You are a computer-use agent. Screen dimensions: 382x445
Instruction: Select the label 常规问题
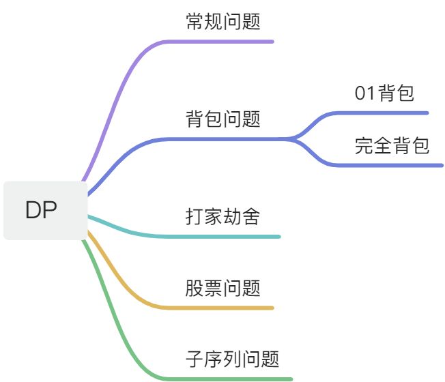coord(222,22)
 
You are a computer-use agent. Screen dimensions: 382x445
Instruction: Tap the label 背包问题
coord(222,119)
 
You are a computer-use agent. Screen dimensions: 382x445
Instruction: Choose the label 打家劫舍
coord(222,217)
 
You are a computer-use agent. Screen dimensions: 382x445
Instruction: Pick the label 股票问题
coord(222,288)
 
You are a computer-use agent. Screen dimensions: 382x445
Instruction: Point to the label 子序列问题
coord(232,359)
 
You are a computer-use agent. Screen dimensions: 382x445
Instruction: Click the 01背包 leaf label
coord(384,93)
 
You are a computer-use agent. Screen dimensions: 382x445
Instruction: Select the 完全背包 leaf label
coord(392,145)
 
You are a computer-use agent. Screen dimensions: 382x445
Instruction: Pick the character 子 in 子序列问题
coord(194,359)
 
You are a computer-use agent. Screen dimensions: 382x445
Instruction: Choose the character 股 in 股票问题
coord(194,288)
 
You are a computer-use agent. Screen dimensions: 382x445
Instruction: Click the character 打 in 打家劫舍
coord(194,217)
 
